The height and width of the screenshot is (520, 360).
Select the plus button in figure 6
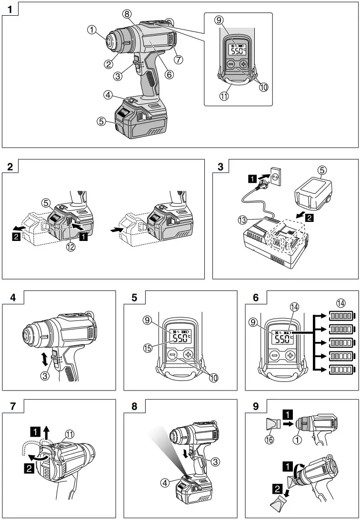(290, 355)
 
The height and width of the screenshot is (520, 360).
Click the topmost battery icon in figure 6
(341, 316)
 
